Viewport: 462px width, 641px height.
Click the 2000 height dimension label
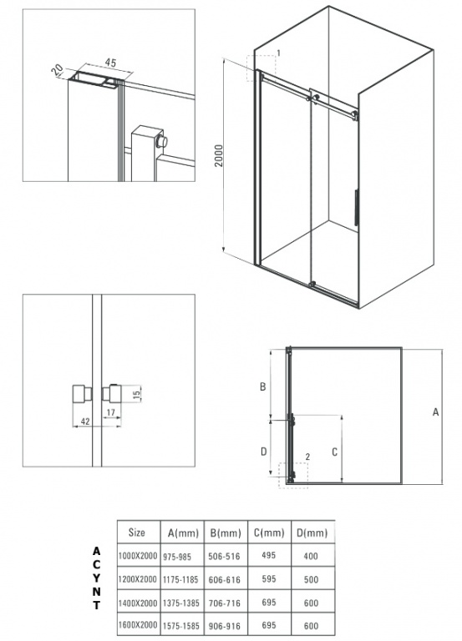pyautogui.click(x=219, y=155)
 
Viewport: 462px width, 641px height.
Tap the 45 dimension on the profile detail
pyautogui.click(x=110, y=63)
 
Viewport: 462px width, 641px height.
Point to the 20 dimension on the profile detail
pyautogui.click(x=57, y=71)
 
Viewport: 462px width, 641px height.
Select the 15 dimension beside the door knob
pyautogui.click(x=137, y=394)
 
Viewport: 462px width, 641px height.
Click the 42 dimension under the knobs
pyautogui.click(x=85, y=421)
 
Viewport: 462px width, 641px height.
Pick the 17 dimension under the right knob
pyautogui.click(x=110, y=413)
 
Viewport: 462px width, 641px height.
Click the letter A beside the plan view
pyautogui.click(x=435, y=412)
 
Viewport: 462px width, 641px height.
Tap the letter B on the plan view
pyautogui.click(x=263, y=386)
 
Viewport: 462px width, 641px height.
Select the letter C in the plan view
pyautogui.click(x=334, y=452)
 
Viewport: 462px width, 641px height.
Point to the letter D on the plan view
pyautogui.click(x=263, y=452)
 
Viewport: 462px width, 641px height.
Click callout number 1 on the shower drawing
pyautogui.click(x=279, y=53)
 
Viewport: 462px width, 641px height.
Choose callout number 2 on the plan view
pyautogui.click(x=307, y=457)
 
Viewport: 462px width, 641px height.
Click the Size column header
pyautogui.click(x=137, y=532)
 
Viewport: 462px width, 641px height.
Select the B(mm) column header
pyautogui.click(x=226, y=533)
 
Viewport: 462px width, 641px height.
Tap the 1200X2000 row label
pyautogui.click(x=138, y=579)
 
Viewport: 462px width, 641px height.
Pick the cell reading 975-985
pyautogui.click(x=177, y=557)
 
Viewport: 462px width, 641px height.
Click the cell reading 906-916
pyautogui.click(x=224, y=626)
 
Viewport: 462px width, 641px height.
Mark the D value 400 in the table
pyautogui.click(x=311, y=556)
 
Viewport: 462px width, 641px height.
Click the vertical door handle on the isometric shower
pyautogui.click(x=356, y=207)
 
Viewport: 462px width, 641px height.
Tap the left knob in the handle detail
pyautogui.click(x=82, y=394)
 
